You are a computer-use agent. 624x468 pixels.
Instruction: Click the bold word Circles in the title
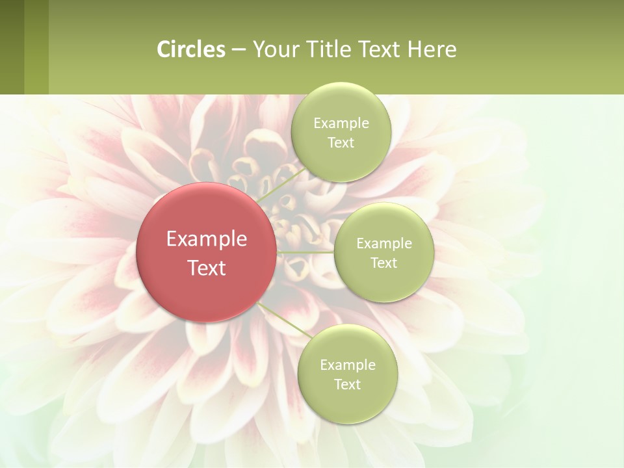pyautogui.click(x=191, y=49)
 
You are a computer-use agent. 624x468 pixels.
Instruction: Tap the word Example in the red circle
pyautogui.click(x=207, y=239)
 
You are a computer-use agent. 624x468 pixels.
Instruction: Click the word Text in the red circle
pyautogui.click(x=207, y=268)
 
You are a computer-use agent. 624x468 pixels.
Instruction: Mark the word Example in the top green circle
pyautogui.click(x=341, y=123)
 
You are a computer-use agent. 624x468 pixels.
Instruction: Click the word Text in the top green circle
pyautogui.click(x=341, y=143)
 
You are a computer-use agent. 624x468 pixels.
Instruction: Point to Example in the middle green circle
pyautogui.click(x=384, y=244)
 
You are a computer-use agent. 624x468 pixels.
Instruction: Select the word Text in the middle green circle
pyautogui.click(x=384, y=263)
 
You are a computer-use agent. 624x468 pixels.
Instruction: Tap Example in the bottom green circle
pyautogui.click(x=347, y=365)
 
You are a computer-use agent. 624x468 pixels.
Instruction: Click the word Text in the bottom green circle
pyautogui.click(x=347, y=385)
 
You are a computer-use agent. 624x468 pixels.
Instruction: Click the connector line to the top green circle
pyautogui.click(x=281, y=184)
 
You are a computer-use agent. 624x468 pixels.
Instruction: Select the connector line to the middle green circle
pyautogui.click(x=305, y=252)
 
